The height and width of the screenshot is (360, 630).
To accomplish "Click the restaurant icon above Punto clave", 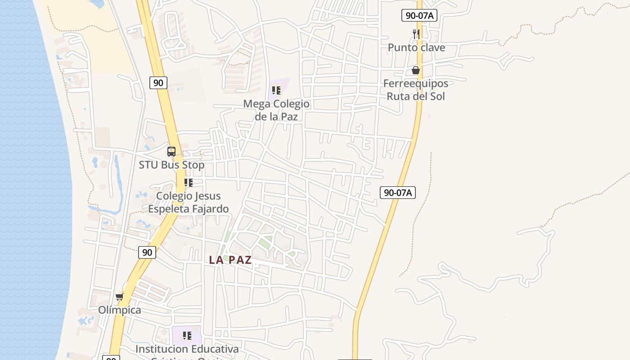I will tap(416, 34).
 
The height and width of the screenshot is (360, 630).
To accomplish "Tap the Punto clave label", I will tap(416, 47).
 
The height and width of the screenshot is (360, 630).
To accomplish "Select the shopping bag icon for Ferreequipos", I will tap(416, 70).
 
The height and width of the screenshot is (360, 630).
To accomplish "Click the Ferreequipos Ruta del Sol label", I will tap(416, 90).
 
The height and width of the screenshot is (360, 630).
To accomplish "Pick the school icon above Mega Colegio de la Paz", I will tap(276, 90).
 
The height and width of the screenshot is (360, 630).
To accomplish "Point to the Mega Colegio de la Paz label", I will tap(276, 110).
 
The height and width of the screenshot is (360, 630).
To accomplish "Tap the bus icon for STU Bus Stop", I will tap(171, 152).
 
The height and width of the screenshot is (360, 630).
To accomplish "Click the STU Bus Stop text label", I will tap(171, 165).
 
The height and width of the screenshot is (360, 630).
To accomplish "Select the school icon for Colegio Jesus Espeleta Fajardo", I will tap(189, 183).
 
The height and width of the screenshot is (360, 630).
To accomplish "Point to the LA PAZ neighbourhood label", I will tap(230, 260).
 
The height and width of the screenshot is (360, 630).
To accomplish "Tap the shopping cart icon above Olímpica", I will tap(119, 297).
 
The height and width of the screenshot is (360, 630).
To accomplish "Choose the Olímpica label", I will tap(120, 310).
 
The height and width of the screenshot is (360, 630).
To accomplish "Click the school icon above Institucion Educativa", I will tap(187, 335).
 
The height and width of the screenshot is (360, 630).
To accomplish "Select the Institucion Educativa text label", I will tap(187, 349).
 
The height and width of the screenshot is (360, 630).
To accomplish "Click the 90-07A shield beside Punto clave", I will tap(419, 15).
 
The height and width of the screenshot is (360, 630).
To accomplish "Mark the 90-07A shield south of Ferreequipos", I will tap(398, 193).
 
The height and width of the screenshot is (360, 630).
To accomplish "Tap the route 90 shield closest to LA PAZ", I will tap(147, 252).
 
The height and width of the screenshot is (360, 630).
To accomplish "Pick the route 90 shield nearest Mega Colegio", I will tap(158, 82).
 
